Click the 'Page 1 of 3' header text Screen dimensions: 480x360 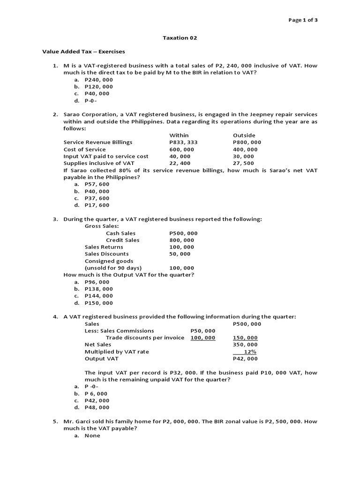(x=305, y=20)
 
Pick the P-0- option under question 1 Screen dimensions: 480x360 (x=93, y=101)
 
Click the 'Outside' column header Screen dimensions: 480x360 (x=244, y=135)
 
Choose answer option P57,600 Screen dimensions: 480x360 (x=97, y=184)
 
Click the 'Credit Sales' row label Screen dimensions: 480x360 (x=122, y=240)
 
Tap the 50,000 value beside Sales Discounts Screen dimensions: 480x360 (x=180, y=254)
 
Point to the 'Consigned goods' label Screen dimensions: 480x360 (x=109, y=261)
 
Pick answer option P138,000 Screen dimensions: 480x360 (x=98, y=289)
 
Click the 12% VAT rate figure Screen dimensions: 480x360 (x=250, y=352)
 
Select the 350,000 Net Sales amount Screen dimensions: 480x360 (x=245, y=345)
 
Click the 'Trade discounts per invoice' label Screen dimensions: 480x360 (x=145, y=338)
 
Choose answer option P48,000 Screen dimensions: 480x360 (x=97, y=408)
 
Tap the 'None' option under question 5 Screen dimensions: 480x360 (x=92, y=436)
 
